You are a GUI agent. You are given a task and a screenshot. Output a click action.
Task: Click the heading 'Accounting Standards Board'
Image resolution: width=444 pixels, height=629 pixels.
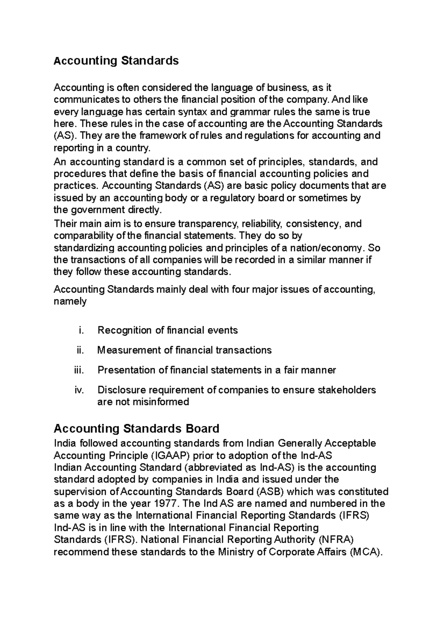(x=137, y=429)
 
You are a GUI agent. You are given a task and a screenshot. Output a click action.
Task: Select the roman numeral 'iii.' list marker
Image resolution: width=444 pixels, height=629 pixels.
(x=79, y=370)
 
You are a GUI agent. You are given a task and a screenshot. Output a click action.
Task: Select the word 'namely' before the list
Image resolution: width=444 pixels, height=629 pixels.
(x=70, y=301)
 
